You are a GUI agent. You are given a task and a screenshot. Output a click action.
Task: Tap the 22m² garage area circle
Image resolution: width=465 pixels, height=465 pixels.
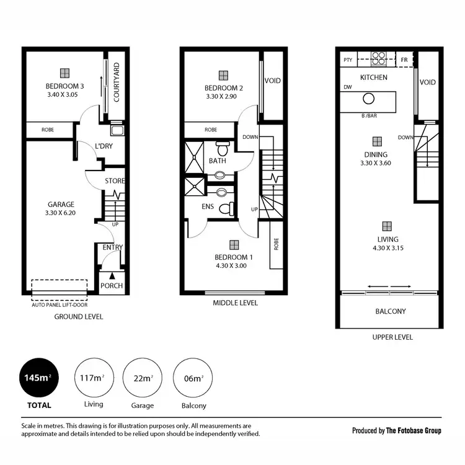(x=142, y=378)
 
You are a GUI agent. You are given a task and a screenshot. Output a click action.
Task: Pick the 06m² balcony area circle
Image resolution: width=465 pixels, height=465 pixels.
(x=192, y=378)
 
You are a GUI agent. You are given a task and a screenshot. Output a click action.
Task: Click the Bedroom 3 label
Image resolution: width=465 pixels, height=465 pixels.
(x=64, y=86)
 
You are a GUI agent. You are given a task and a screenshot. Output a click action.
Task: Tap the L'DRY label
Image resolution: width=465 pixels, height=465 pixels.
(x=104, y=146)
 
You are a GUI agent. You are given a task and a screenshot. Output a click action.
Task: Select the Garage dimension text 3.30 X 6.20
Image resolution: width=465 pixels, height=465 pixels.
(x=60, y=213)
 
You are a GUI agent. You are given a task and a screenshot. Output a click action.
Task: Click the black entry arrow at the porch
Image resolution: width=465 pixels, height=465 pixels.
(x=112, y=276)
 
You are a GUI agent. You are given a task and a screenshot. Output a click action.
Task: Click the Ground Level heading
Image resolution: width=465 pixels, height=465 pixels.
(x=78, y=317)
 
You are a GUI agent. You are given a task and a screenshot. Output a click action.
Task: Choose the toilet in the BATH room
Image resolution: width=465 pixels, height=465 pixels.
(x=223, y=149)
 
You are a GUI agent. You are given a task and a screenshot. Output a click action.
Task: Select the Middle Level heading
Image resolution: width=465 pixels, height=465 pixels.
(x=235, y=303)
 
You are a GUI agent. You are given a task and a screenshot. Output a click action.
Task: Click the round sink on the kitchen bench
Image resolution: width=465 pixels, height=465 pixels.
(x=369, y=99)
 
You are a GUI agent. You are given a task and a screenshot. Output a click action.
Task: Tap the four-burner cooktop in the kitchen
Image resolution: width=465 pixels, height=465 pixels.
(x=378, y=58)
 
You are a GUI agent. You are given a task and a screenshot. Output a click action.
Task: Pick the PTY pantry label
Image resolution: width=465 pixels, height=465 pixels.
(x=348, y=60)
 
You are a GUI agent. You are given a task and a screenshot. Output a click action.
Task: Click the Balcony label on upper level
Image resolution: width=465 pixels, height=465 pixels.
(x=391, y=311)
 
